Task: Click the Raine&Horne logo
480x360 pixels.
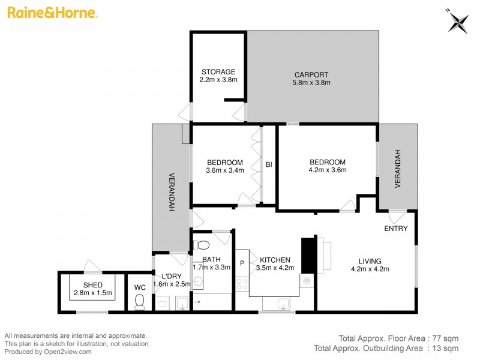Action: [53, 13]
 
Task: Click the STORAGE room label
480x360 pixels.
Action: [218, 72]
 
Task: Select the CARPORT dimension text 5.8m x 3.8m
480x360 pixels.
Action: [311, 83]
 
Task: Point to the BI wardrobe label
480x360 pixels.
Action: [269, 163]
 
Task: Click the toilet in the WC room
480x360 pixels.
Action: [140, 300]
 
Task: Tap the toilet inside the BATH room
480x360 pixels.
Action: [202, 245]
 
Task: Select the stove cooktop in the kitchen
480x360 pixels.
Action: [242, 284]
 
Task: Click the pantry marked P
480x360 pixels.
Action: [242, 262]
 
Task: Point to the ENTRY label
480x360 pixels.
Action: [396, 229]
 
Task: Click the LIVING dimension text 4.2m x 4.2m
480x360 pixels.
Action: [370, 269]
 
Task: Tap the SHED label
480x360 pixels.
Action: [92, 284]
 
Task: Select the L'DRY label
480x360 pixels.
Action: [172, 276]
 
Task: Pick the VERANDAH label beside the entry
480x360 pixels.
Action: [397, 169]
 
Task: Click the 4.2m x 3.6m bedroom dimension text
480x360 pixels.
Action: [327, 170]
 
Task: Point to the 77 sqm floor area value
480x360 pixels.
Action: [448, 338]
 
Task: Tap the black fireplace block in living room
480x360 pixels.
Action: [308, 255]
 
